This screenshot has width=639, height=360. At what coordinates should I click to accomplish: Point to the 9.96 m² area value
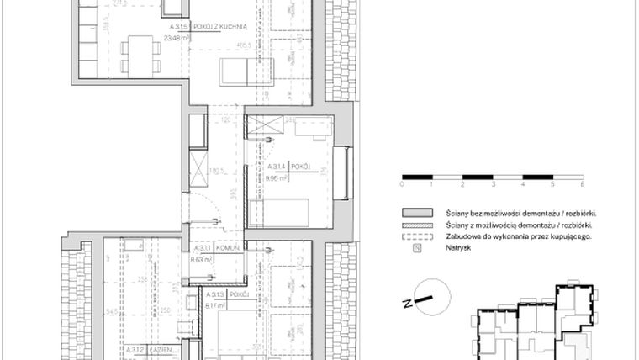click(x=279, y=178)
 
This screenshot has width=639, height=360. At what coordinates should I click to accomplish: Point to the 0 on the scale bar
click(x=403, y=183)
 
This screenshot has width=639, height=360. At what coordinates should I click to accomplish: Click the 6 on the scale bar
click(x=582, y=183)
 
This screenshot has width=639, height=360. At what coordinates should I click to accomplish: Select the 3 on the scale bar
click(x=493, y=183)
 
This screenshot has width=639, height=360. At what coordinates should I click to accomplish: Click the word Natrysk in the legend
click(x=458, y=249)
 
